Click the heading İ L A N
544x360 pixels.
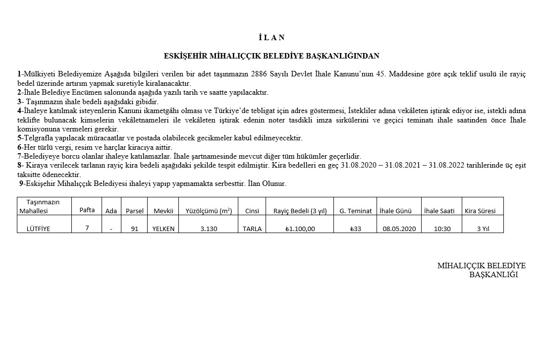pyautogui.click(x=272, y=38)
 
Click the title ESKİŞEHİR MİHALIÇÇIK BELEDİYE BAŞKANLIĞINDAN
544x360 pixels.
pyautogui.click(x=272, y=56)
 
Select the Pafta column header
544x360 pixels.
pyautogui.click(x=87, y=210)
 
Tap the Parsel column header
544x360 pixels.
pyautogui.click(x=135, y=211)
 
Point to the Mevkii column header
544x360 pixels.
pyautogui.click(x=163, y=211)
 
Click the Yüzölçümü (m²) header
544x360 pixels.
pyautogui.click(x=209, y=211)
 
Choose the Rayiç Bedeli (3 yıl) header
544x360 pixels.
pyautogui.click(x=300, y=211)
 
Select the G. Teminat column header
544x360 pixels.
pyautogui.click(x=356, y=211)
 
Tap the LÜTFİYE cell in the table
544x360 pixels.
pyautogui.click(x=42, y=229)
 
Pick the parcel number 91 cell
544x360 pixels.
pyautogui.click(x=135, y=229)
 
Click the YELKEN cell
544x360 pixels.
pyautogui.click(x=163, y=229)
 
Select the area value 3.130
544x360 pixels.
pyautogui.click(x=209, y=229)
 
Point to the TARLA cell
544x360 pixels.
pyautogui.click(x=252, y=229)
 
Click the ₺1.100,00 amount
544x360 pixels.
pyautogui.click(x=300, y=229)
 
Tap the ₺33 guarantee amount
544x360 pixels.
pyautogui.click(x=356, y=229)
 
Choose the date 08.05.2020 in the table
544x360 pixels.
pyautogui.click(x=399, y=229)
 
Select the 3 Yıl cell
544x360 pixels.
pyautogui.click(x=483, y=229)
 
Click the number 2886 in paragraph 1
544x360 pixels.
pyautogui.click(x=261, y=74)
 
